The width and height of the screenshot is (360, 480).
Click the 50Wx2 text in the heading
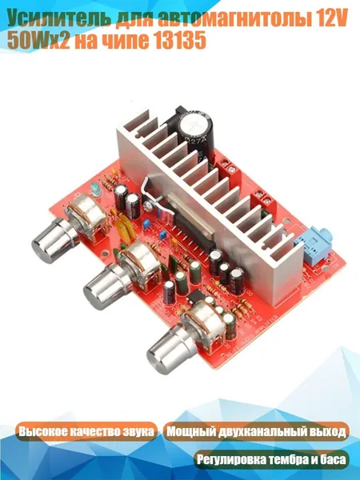coord(38,41)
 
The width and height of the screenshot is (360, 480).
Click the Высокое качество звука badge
coord(86,432)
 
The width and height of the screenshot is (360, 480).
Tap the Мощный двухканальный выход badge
coord(256,432)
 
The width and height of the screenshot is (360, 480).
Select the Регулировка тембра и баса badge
coord(271,459)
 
